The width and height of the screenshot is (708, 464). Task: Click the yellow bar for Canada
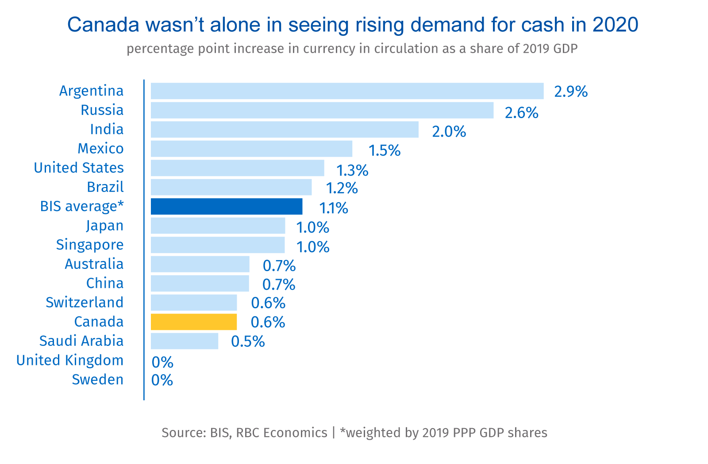click(x=194, y=322)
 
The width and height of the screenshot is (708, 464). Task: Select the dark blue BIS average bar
click(x=227, y=207)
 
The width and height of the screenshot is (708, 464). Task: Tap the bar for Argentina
click(x=347, y=91)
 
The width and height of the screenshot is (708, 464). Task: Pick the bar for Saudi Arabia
click(x=185, y=341)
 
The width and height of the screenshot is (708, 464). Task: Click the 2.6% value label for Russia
click(x=521, y=113)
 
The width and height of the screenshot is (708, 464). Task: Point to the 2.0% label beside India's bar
click(x=449, y=132)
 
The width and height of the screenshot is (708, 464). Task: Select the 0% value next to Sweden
click(x=162, y=380)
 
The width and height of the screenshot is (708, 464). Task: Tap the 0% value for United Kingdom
click(x=162, y=363)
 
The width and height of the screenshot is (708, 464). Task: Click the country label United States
click(x=79, y=168)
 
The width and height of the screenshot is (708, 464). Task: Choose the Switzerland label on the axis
click(x=85, y=303)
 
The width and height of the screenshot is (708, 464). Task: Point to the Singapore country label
click(x=90, y=245)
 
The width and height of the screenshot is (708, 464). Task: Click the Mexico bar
click(x=251, y=149)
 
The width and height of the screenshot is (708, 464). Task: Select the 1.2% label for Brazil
click(x=342, y=188)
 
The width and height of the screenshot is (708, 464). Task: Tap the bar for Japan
click(x=218, y=226)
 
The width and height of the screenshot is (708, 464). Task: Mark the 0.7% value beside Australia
click(x=279, y=266)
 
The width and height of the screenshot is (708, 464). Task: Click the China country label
click(x=105, y=283)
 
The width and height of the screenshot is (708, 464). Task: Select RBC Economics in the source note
click(x=281, y=433)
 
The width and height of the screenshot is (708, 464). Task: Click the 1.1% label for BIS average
click(x=334, y=208)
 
